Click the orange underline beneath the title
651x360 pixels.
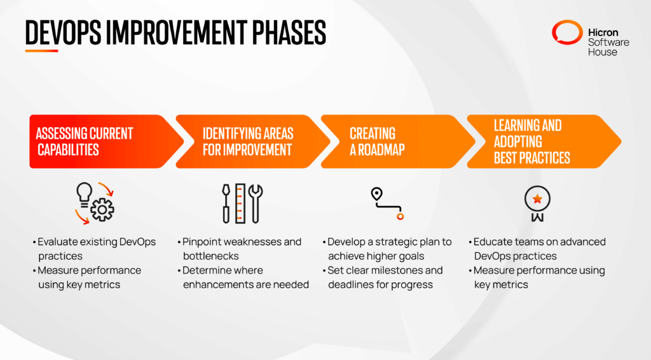click(41, 51)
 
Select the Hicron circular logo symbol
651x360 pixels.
click(566, 33)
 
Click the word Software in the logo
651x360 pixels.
click(608, 42)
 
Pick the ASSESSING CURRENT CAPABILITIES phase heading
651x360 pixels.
click(84, 141)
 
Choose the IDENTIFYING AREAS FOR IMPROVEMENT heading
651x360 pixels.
click(248, 141)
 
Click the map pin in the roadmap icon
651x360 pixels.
click(376, 195)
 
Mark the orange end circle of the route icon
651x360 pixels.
click(400, 217)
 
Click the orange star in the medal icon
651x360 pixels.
click(537, 199)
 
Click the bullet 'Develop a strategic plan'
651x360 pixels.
click(389, 249)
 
